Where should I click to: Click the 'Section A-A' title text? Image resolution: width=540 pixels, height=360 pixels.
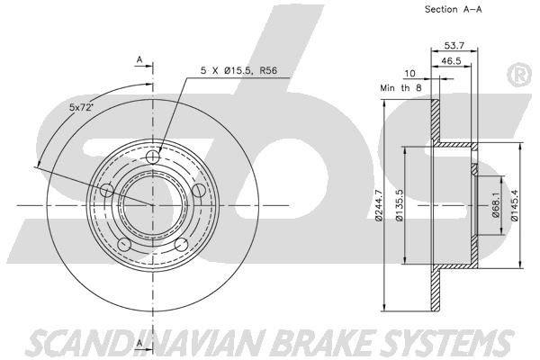[453, 9]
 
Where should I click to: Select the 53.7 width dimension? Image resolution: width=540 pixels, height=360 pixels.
[454, 45]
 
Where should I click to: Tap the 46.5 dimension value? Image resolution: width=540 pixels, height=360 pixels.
[451, 61]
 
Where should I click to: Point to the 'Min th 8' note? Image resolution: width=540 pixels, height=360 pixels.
[400, 88]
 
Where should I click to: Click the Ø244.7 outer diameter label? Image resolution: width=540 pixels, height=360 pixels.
[379, 205]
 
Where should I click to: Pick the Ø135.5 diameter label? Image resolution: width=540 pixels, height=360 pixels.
[399, 205]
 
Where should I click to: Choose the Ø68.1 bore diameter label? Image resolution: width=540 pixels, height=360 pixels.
[495, 205]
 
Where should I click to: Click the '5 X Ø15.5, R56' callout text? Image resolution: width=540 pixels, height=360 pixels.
[238, 70]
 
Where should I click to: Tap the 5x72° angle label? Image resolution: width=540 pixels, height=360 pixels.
[82, 107]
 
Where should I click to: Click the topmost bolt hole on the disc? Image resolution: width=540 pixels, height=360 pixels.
[153, 157]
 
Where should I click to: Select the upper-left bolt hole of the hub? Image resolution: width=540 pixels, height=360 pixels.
[107, 191]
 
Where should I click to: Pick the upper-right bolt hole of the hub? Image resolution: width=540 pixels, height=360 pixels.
[198, 191]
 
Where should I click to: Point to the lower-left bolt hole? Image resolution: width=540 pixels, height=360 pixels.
[124, 245]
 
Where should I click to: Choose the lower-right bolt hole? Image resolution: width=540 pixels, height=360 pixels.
[181, 245]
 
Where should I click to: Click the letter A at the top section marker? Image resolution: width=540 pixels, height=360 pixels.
[139, 59]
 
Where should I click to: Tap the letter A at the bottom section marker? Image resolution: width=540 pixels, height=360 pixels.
[139, 343]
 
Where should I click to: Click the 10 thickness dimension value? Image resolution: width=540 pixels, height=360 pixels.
[409, 74]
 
